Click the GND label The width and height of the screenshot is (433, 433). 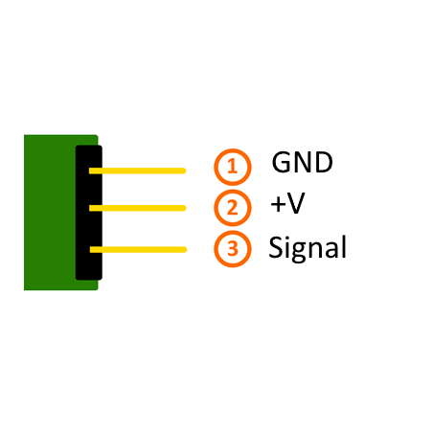[302, 162]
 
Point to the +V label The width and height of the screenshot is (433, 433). [287, 203]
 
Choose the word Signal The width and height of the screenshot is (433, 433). [308, 248]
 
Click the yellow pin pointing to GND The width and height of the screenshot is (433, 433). [137, 171]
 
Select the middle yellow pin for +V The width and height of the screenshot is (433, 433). [137, 208]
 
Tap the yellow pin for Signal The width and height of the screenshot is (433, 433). [138, 249]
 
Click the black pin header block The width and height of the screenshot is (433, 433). [89, 213]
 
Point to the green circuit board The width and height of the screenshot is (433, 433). [50, 213]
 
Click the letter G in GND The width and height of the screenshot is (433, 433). [282, 162]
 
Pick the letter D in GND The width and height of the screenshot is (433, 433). [323, 162]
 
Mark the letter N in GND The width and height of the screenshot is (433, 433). [303, 162]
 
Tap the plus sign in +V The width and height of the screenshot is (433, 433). [278, 204]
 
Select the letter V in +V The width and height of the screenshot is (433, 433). [296, 203]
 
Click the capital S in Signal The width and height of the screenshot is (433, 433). [276, 247]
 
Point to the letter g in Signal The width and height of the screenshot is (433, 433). [298, 252]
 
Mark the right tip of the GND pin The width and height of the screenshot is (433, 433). [186, 171]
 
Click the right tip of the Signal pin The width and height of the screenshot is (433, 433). [186, 249]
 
